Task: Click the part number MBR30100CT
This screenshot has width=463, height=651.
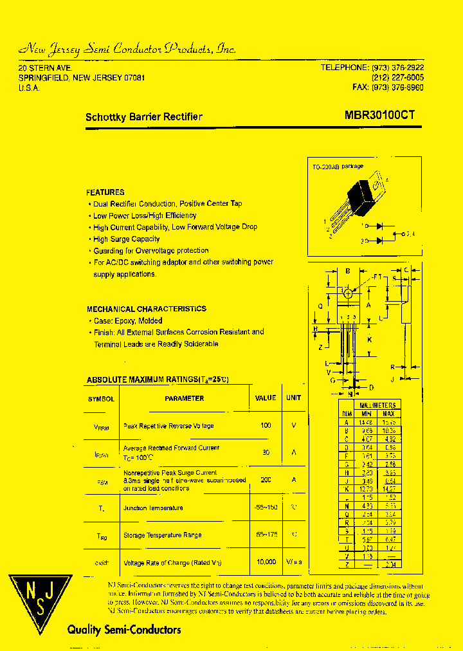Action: click(x=379, y=116)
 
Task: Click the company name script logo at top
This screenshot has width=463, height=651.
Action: click(x=127, y=49)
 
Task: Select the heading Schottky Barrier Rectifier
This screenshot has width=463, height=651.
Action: click(x=144, y=117)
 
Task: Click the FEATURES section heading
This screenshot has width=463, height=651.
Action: click(x=105, y=192)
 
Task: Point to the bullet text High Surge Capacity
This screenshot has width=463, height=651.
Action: click(x=126, y=239)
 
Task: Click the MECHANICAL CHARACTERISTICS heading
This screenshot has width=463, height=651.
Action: click(x=147, y=309)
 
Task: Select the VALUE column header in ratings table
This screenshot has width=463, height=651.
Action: click(x=266, y=398)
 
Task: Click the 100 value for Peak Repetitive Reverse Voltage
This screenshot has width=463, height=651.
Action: click(x=266, y=426)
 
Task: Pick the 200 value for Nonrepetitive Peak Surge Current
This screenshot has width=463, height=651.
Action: click(x=266, y=480)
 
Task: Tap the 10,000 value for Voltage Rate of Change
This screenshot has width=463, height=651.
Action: click(x=265, y=562)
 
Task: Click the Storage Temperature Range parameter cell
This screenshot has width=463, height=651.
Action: click(x=163, y=535)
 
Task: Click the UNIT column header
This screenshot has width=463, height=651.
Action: click(x=294, y=398)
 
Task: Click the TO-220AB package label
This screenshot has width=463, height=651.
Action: click(x=338, y=167)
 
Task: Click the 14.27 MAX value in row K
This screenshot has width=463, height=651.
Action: click(x=390, y=488)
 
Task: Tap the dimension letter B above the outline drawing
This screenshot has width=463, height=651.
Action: click(x=348, y=271)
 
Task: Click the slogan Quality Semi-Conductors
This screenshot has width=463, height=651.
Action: click(x=124, y=630)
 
